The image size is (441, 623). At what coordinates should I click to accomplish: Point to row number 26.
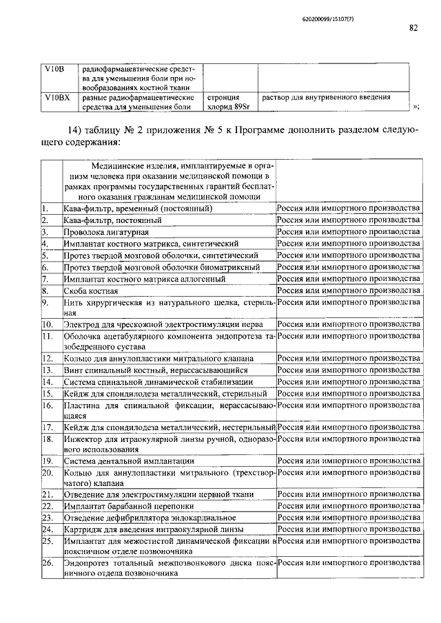[48, 563]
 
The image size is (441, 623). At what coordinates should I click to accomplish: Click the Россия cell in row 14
[348, 381]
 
